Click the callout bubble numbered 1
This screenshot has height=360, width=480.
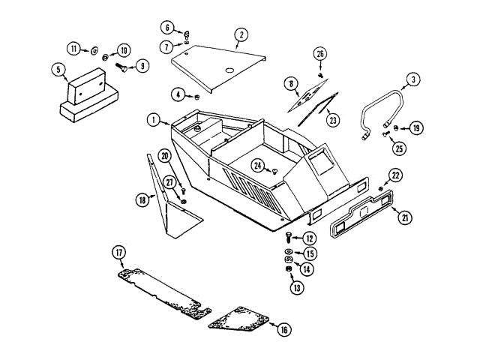point(154,119)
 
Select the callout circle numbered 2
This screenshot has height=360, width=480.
point(241,34)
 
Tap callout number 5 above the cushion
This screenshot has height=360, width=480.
point(56,70)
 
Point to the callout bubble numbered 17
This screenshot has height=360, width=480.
point(118,252)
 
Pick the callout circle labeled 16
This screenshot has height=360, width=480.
point(283,329)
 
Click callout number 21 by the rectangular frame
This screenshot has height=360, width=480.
point(405,218)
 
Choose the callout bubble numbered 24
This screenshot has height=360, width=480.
point(258,165)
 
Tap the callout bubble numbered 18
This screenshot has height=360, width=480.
point(142,199)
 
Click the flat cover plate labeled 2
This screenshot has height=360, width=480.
point(217,65)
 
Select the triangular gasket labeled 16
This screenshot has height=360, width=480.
point(238,319)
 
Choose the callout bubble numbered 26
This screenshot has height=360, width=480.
point(320,54)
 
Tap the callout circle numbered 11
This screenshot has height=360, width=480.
point(74,49)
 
